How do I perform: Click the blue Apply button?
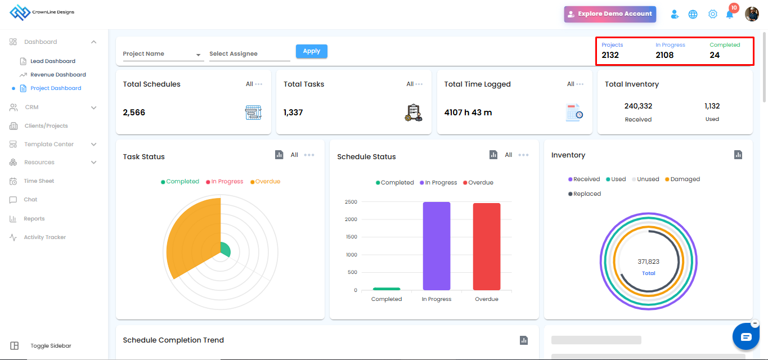click(311, 51)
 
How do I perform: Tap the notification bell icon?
click(730, 15)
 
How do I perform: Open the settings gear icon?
click(712, 14)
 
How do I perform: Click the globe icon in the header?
click(693, 14)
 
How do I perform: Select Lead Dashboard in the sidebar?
click(53, 61)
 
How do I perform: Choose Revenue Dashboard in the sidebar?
click(58, 74)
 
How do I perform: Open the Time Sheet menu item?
click(39, 181)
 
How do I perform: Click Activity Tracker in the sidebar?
click(44, 237)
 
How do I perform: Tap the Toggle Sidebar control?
click(51, 345)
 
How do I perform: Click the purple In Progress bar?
click(437, 246)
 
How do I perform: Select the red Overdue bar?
click(487, 246)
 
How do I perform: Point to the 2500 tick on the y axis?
click(351, 201)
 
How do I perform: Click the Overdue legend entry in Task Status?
click(265, 181)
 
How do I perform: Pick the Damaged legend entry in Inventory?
click(682, 179)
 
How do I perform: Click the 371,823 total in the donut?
click(648, 262)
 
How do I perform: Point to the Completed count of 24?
click(715, 55)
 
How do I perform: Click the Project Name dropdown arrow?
click(198, 55)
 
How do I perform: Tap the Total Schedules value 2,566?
click(134, 112)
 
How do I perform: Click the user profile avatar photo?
click(752, 14)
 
